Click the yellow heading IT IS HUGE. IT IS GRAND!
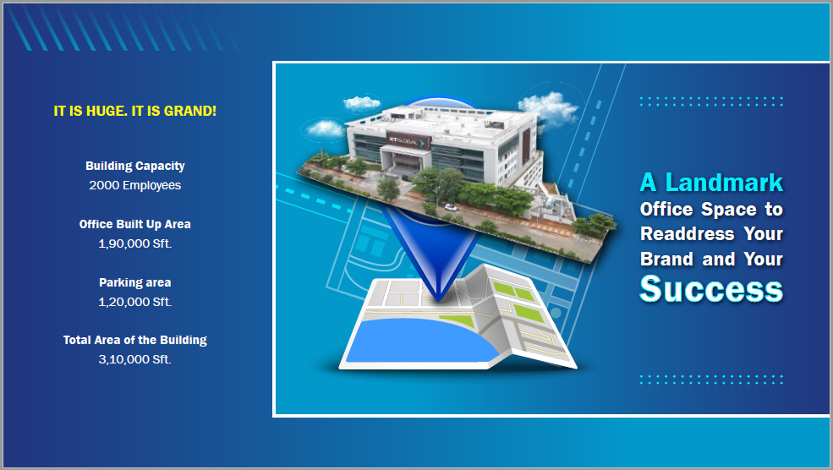click(135, 111)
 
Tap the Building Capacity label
click(135, 166)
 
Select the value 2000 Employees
click(135, 185)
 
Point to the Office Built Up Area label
click(135, 224)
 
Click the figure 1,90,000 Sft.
click(135, 243)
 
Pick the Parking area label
click(135, 282)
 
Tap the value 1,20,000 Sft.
click(135, 302)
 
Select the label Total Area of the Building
click(135, 340)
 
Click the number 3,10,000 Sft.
click(135, 359)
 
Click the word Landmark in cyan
click(724, 182)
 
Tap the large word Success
click(711, 289)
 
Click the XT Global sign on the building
click(408, 141)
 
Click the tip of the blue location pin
click(438, 301)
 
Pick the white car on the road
click(451, 207)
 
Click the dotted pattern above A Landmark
click(711, 101)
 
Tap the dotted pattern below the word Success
click(711, 380)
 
